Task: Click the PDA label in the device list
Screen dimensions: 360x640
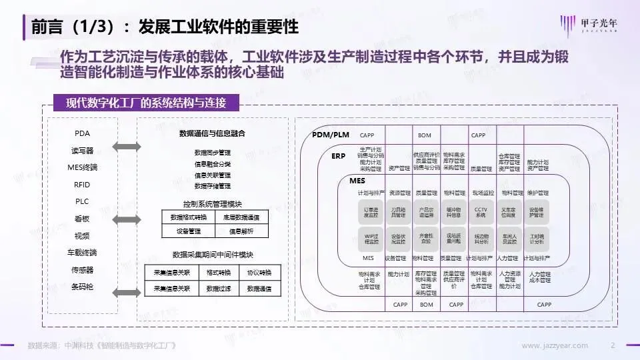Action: tap(82, 133)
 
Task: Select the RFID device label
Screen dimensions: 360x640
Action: tap(82, 185)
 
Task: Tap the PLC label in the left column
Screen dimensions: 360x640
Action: tap(82, 201)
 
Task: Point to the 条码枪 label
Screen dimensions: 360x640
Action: tap(82, 287)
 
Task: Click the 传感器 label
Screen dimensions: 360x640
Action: tap(82, 270)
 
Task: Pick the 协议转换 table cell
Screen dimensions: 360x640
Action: tap(259, 273)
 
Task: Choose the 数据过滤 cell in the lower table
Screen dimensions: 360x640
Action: tap(218, 289)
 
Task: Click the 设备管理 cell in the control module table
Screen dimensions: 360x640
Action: tap(188, 231)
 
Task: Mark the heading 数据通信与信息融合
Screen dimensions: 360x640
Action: tap(212, 133)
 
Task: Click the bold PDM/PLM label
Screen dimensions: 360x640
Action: tap(331, 135)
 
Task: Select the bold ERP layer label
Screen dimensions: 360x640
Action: tap(338, 155)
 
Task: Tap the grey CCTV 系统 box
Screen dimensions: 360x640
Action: tap(480, 212)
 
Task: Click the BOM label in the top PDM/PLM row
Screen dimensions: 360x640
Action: tap(425, 135)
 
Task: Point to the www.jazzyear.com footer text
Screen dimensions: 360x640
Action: tap(555, 345)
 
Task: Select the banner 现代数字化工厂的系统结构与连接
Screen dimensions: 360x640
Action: tap(146, 103)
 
